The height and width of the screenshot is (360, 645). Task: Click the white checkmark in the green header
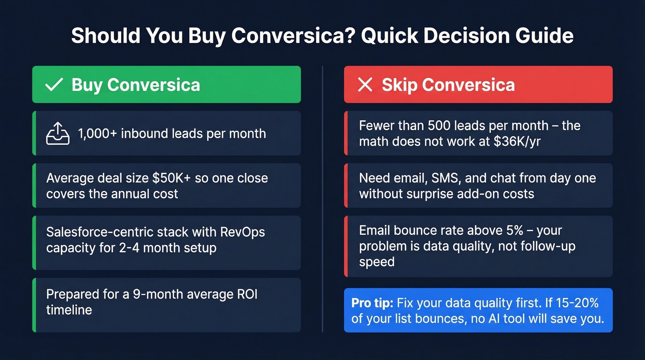54,85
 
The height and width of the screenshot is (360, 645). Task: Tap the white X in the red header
365,85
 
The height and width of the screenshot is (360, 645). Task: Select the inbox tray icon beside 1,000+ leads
58,134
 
